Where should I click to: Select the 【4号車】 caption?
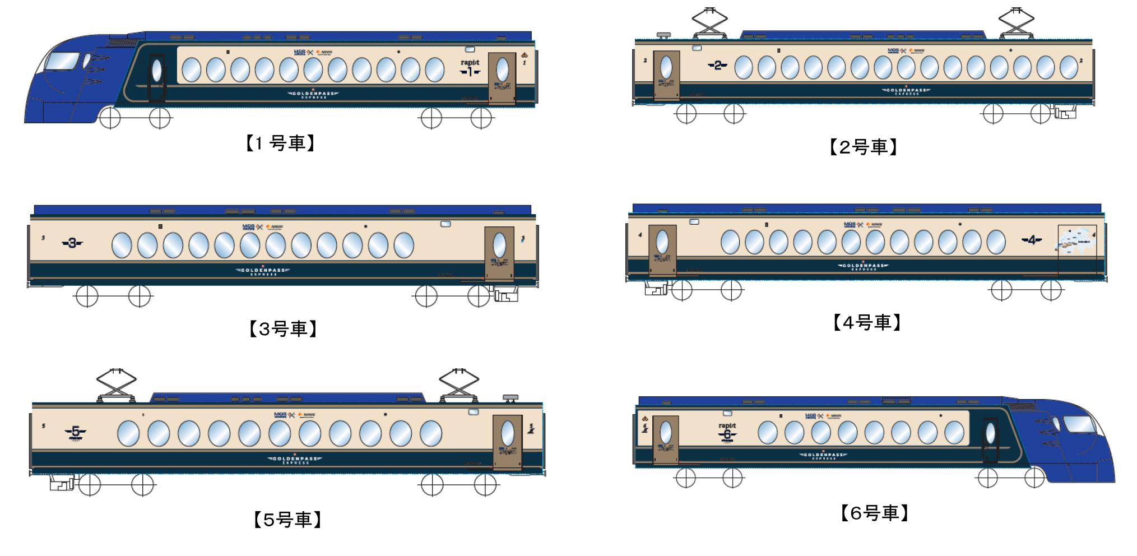(x=866, y=322)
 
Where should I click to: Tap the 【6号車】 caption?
(x=874, y=513)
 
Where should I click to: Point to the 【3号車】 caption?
(x=283, y=328)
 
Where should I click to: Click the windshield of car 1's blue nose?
(x=63, y=61)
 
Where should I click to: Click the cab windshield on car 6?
(x=1079, y=424)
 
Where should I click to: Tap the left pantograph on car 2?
(x=709, y=24)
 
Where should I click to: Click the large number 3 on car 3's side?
(x=72, y=243)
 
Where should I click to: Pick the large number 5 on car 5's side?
(x=76, y=432)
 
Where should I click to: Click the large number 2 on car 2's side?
(x=717, y=66)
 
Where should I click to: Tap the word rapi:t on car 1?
(x=470, y=63)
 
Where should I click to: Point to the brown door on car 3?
(x=499, y=253)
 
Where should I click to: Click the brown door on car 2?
(x=666, y=75)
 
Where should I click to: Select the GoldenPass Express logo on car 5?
(x=295, y=460)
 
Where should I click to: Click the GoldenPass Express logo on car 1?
(x=313, y=94)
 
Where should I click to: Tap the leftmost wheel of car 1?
(x=110, y=118)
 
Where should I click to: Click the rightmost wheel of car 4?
(x=1051, y=290)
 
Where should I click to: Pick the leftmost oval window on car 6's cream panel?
(x=767, y=433)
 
